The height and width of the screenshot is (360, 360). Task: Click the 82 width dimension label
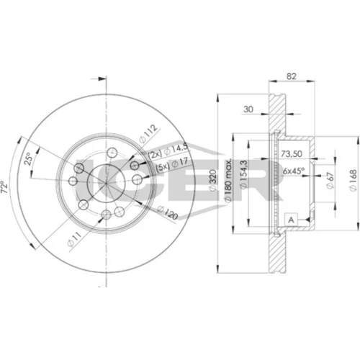(292, 76)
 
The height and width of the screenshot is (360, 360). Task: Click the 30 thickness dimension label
(248, 109)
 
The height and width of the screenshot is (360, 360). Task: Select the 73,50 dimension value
(292, 154)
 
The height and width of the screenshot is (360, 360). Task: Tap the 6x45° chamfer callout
(294, 171)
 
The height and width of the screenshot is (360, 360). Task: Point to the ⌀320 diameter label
(213, 180)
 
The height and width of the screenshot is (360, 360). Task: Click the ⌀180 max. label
(228, 179)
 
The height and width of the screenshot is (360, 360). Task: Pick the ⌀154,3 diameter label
(243, 175)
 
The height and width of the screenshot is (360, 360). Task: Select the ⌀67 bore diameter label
(330, 181)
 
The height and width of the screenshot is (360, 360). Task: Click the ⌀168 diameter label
(353, 181)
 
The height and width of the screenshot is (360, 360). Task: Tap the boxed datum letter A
(291, 220)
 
